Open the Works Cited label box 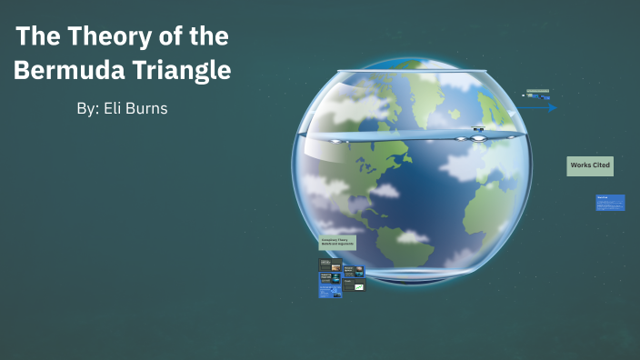590,165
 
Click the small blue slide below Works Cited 610,202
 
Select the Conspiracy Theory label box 337,243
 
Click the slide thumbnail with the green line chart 359,286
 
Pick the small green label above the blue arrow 537,92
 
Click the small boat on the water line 478,129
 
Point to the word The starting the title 36,37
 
